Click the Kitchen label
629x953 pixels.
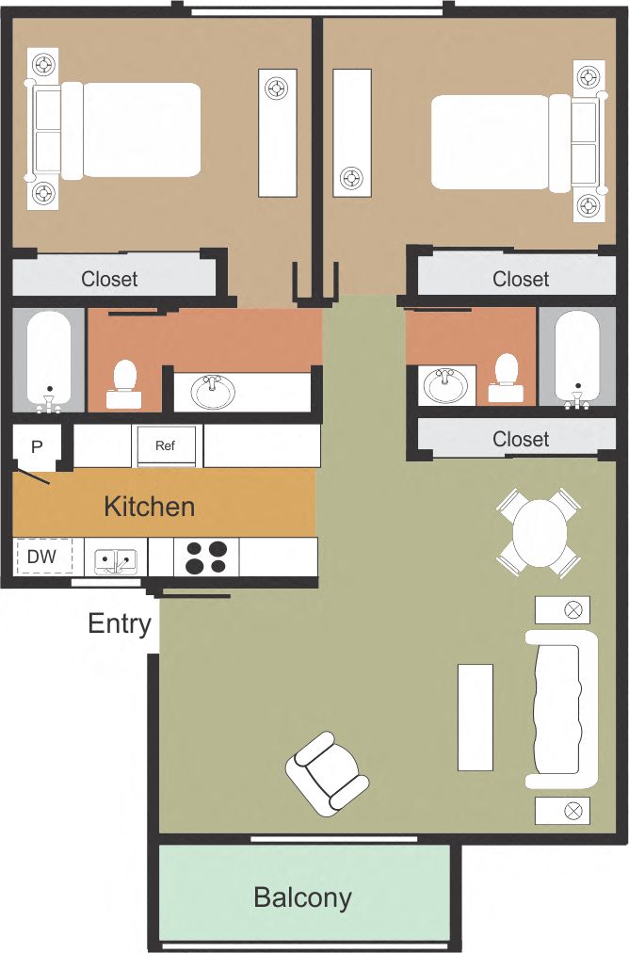[149, 507]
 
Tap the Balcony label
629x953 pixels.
[302, 897]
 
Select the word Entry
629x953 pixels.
[120, 623]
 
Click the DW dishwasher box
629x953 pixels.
[42, 557]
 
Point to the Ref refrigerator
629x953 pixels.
[166, 445]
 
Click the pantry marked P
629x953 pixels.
[38, 447]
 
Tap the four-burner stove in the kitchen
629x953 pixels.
[206, 557]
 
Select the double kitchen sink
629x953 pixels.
[115, 559]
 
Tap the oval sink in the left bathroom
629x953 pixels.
[214, 391]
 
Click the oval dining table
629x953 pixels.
[539, 532]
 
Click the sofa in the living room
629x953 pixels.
[562, 709]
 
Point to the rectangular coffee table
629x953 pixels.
[475, 717]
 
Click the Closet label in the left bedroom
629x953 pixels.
[109, 279]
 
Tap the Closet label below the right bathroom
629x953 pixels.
[521, 439]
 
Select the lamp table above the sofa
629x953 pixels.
[562, 609]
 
